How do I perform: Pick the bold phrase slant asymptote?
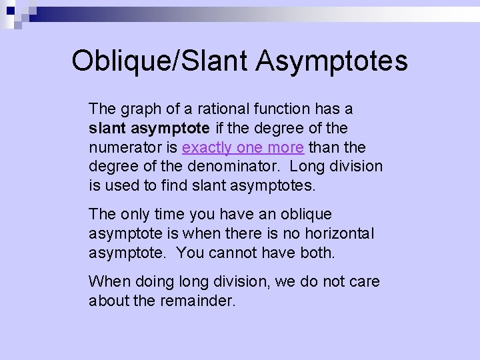click(149, 127)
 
